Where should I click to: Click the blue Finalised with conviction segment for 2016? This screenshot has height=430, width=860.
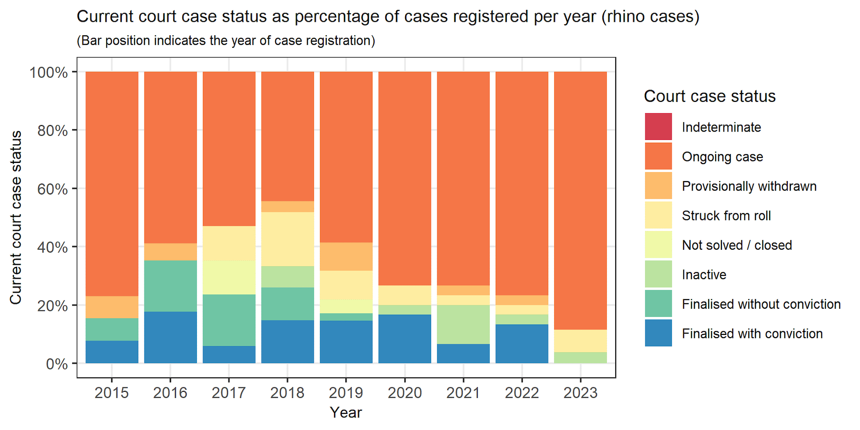(x=170, y=337)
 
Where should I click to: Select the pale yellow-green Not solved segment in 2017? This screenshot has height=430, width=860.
(x=229, y=277)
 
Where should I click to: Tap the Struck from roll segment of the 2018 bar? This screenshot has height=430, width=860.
(x=288, y=239)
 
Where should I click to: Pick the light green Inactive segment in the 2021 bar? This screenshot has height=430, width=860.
(x=464, y=324)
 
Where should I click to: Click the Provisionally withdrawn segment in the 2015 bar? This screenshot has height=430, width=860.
(x=112, y=307)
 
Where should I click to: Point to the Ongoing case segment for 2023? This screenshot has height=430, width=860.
(x=580, y=200)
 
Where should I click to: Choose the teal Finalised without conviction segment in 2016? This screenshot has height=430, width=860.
(x=170, y=286)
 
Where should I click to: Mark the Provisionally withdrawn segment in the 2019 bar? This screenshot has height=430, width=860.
(x=346, y=256)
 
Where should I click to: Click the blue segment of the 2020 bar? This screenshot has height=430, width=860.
(x=405, y=339)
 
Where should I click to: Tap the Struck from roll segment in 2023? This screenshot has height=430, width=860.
(x=580, y=341)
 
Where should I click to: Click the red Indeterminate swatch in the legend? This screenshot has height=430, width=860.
(x=658, y=127)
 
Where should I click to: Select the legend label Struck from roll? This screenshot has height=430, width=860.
(x=726, y=216)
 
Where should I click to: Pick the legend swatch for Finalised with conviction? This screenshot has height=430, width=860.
(x=658, y=333)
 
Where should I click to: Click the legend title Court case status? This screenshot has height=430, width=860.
(x=709, y=96)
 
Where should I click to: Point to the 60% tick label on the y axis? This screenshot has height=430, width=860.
(x=52, y=189)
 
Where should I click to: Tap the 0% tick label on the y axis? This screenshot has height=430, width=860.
(x=56, y=364)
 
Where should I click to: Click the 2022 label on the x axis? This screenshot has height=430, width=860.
(x=522, y=393)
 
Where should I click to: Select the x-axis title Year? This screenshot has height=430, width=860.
(x=346, y=413)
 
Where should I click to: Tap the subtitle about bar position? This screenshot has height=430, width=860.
(x=226, y=41)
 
